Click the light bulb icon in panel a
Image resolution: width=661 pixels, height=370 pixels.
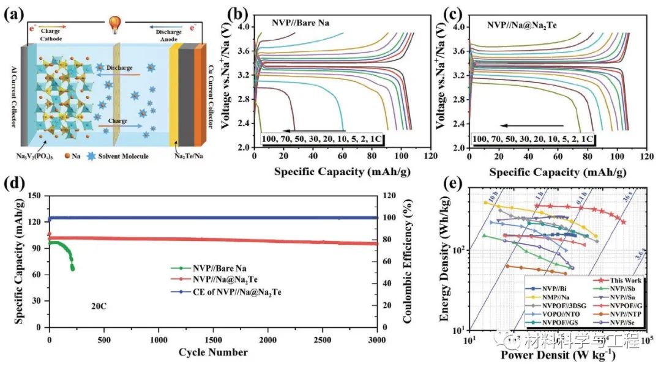click(113, 23)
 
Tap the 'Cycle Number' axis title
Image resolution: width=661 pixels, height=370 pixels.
click(213, 352)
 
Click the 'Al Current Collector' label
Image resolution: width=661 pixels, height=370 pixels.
click(13, 98)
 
